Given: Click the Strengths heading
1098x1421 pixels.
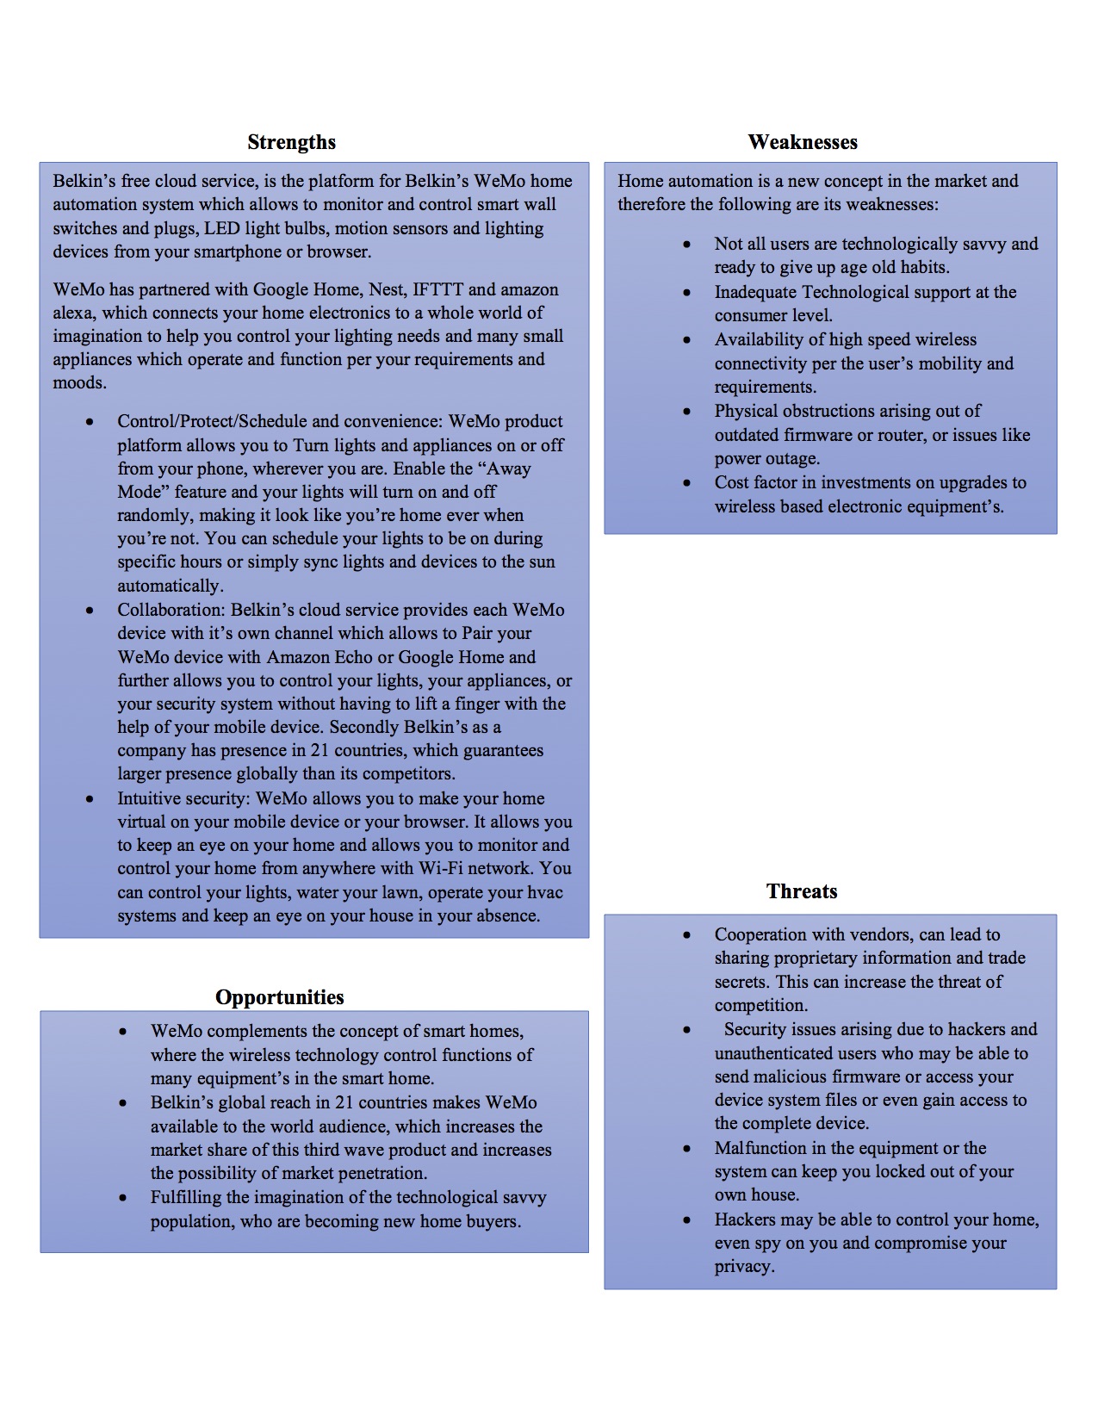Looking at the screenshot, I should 291,142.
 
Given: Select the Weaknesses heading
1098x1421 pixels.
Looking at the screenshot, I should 803,142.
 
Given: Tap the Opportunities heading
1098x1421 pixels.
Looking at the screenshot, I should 280,997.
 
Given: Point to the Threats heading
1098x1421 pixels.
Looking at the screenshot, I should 802,891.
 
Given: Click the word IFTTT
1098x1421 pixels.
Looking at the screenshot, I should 438,289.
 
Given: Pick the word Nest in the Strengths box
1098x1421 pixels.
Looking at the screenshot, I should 386,289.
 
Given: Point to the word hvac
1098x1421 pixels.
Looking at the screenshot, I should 545,892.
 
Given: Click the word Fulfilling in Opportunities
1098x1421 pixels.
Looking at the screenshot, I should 187,1197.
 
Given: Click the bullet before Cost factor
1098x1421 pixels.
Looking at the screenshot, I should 686,482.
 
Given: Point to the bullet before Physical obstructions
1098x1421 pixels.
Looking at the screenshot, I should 686,411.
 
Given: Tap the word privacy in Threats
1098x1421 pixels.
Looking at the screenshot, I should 743,1267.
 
